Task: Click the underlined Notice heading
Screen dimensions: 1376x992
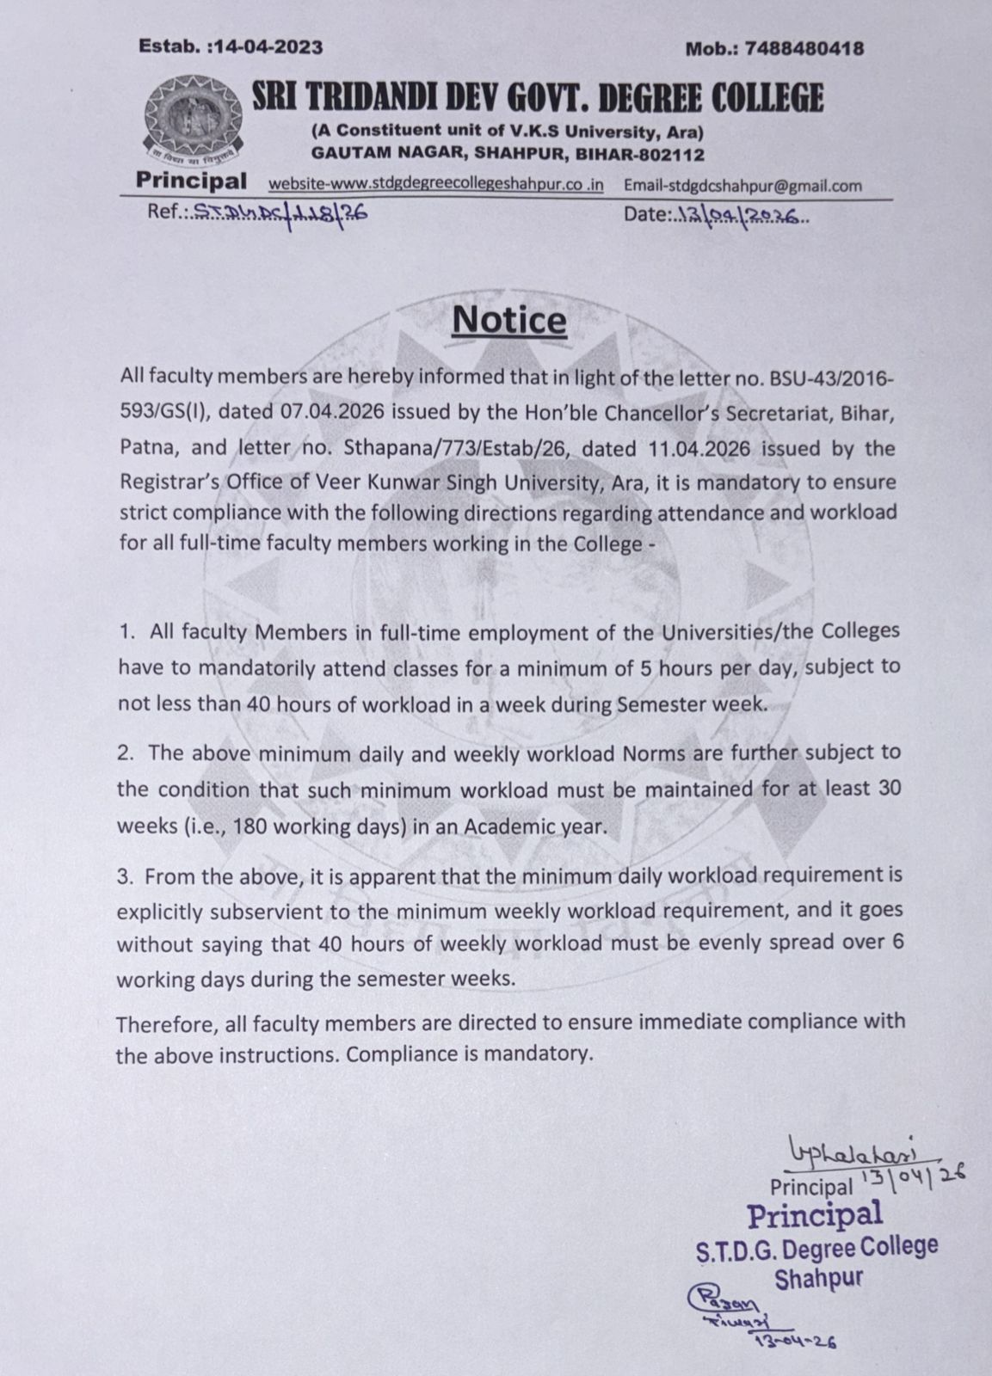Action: [509, 321]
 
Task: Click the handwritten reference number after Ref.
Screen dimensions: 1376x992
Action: [276, 212]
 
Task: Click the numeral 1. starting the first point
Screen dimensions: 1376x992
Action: [127, 631]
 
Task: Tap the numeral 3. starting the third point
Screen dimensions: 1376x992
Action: [126, 876]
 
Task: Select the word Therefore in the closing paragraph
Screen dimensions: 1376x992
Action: [158, 1023]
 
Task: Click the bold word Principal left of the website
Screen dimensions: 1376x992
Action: [190, 181]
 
